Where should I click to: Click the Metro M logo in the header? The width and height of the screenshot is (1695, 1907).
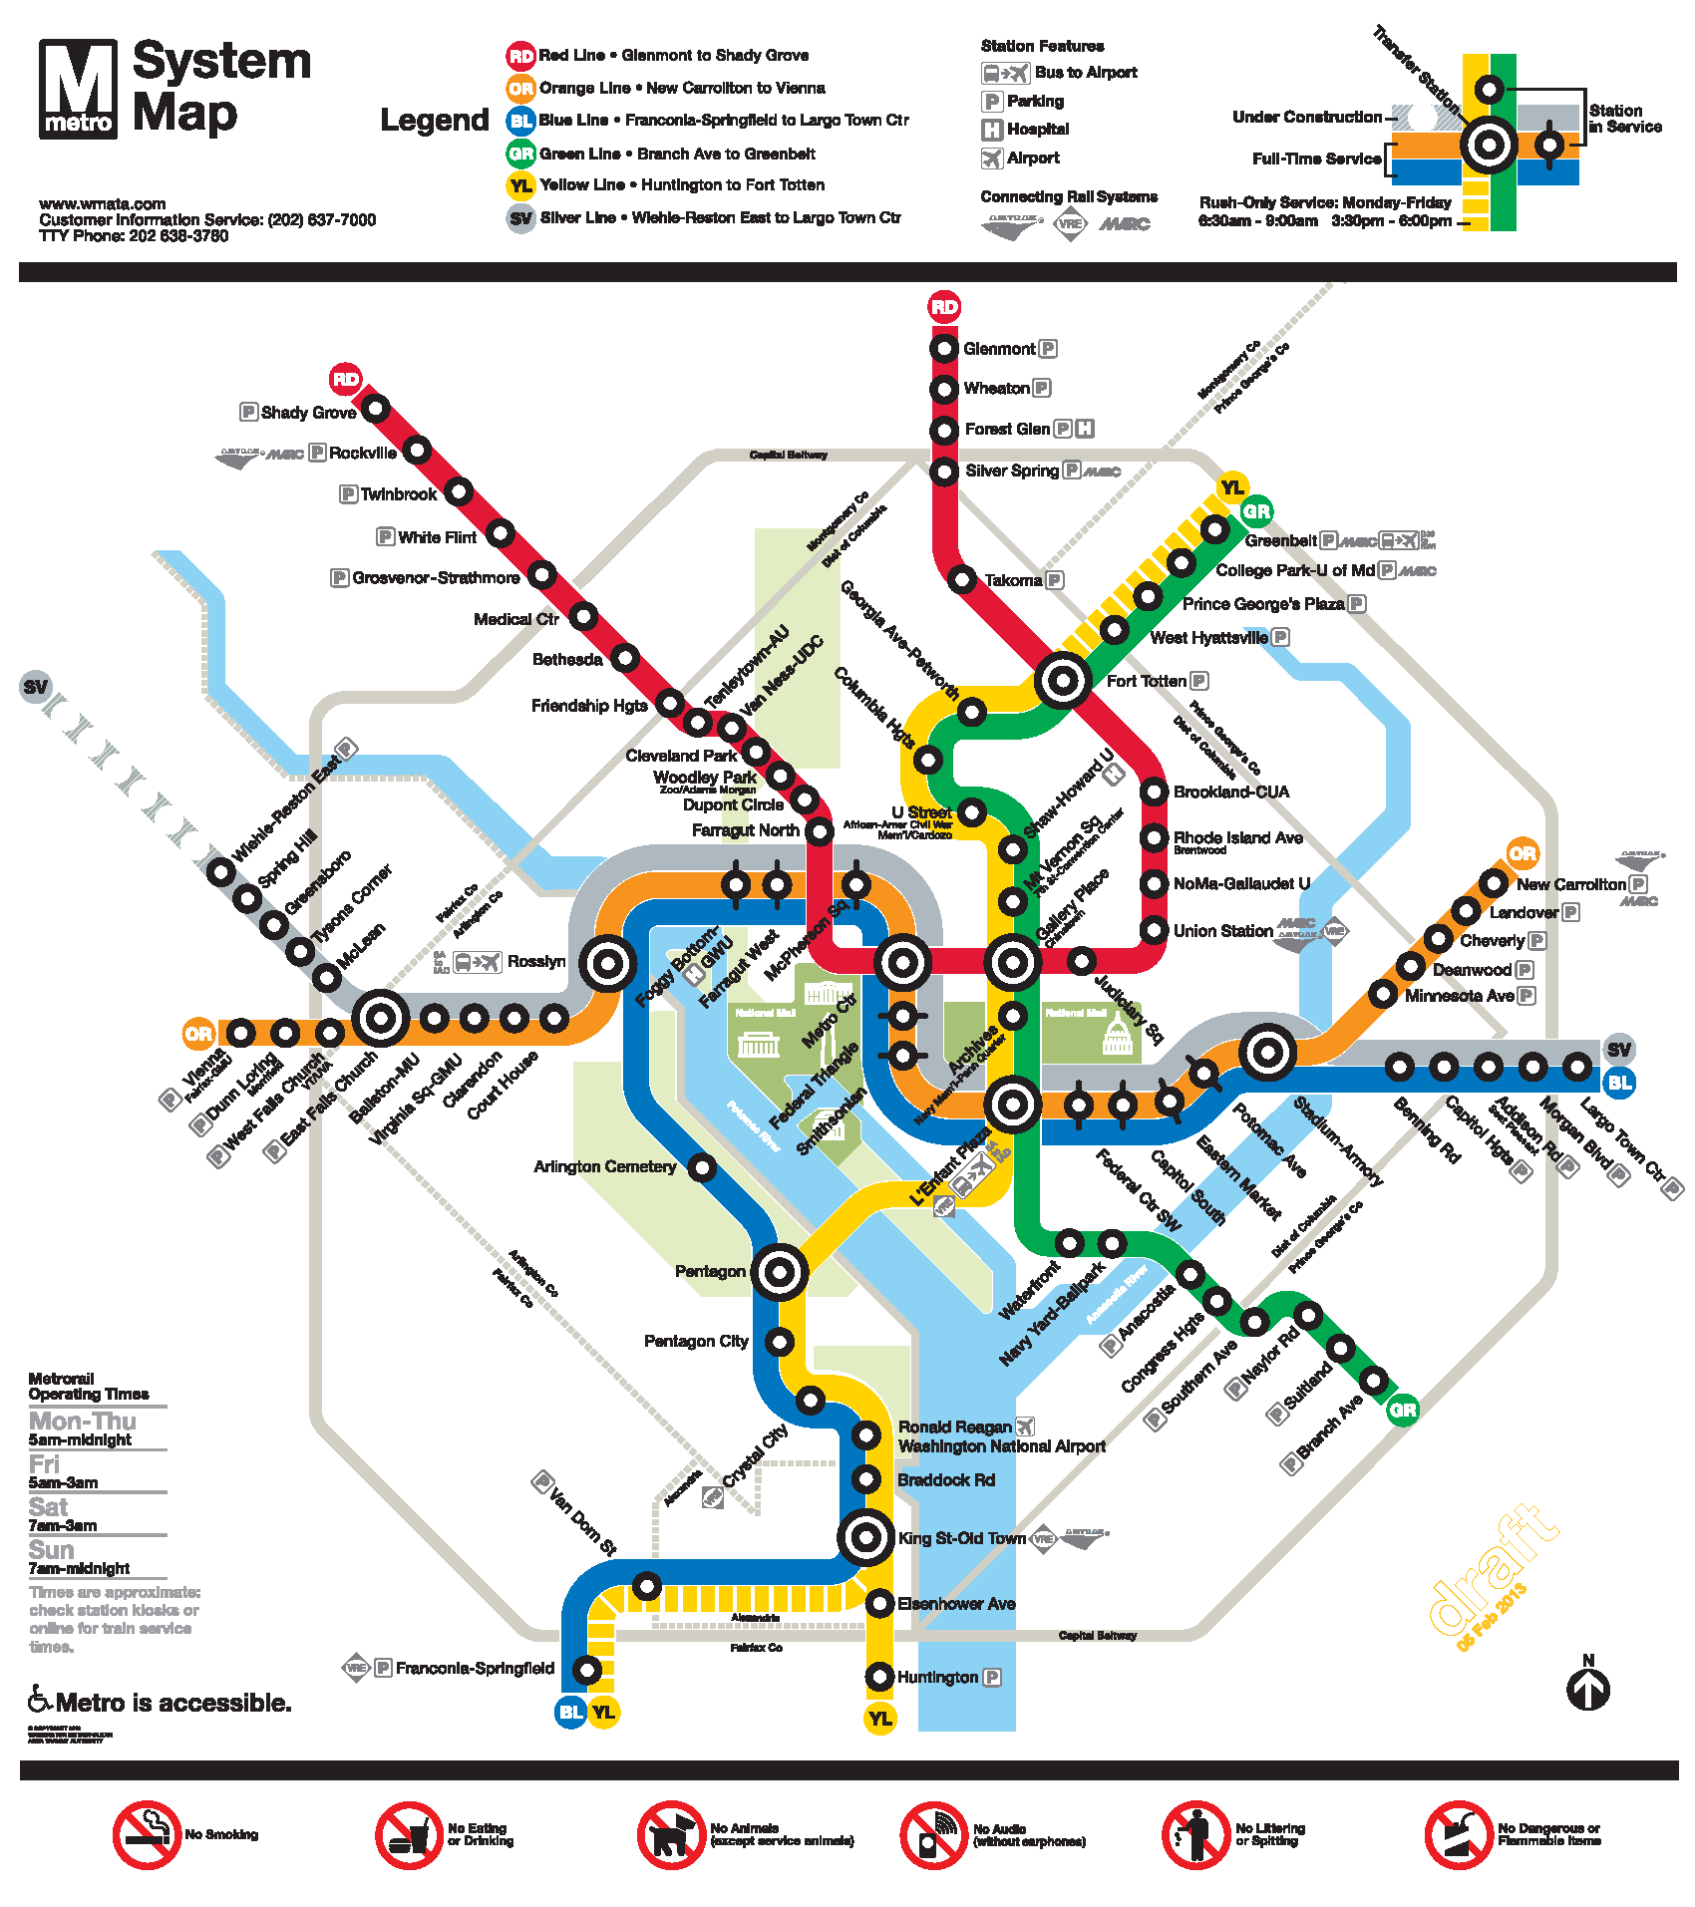point(79,88)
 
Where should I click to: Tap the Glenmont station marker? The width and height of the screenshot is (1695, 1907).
point(943,349)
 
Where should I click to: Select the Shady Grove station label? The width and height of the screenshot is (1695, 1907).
point(308,413)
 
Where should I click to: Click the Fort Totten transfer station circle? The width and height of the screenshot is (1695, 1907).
point(1062,681)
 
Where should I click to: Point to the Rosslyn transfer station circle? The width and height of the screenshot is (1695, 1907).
point(608,963)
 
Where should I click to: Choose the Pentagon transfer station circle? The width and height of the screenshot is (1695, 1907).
point(780,1272)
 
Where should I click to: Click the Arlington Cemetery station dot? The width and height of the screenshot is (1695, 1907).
point(703,1167)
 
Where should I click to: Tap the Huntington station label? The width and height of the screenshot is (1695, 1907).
point(937,1678)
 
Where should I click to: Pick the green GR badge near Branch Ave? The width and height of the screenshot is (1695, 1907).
point(1403,1411)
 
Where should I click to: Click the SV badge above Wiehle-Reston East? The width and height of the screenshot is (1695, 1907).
point(35,687)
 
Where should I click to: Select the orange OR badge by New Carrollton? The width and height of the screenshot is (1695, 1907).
point(1523,853)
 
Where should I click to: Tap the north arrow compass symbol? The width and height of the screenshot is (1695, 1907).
point(1588,1689)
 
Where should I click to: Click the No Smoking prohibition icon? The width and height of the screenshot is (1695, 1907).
point(147,1835)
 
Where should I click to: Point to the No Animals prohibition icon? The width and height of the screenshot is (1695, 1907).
point(672,1835)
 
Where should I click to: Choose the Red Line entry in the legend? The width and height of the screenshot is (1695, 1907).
point(658,56)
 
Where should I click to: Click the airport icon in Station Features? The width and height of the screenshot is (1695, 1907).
point(992,159)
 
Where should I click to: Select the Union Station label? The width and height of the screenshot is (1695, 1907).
point(1222,931)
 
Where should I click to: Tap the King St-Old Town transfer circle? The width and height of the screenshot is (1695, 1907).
point(865,1537)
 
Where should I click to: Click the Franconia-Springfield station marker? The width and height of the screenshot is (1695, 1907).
point(588,1670)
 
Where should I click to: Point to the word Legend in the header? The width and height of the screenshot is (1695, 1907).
point(435,121)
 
